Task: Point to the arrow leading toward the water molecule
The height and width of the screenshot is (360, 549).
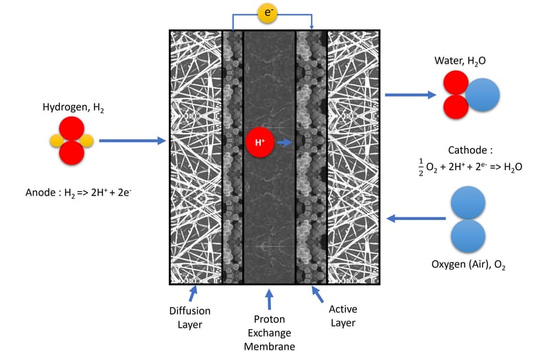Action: click(x=410, y=95)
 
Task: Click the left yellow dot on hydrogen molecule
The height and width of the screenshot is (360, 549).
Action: click(x=56, y=141)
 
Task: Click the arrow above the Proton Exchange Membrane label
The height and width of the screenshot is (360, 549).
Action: click(x=268, y=299)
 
